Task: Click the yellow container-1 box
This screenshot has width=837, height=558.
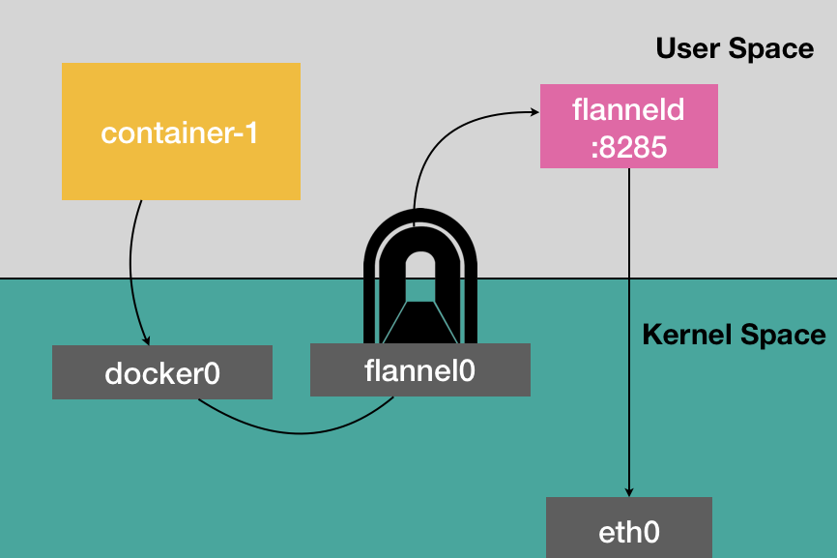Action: tap(181, 132)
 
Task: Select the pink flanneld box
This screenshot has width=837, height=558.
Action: tap(628, 126)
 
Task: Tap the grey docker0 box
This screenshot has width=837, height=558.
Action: tap(162, 372)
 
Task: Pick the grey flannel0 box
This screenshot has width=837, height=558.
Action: tap(419, 370)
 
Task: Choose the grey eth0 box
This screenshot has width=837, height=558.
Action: tap(628, 527)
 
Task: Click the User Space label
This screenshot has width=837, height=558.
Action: tap(735, 48)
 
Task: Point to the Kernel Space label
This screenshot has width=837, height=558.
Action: tap(735, 336)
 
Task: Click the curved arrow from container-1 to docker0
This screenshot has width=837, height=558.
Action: tap(130, 261)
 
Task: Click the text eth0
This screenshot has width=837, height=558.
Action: tap(628, 531)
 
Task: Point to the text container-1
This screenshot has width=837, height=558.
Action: tap(180, 132)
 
